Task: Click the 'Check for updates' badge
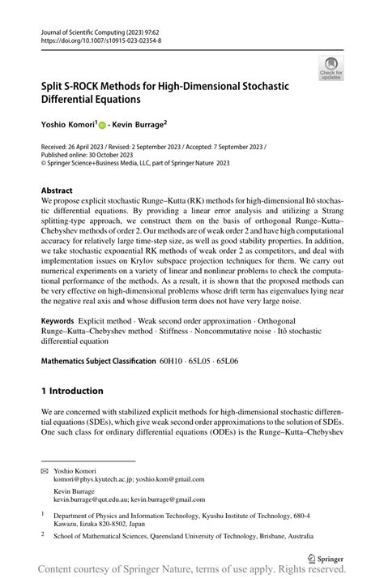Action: pos(331,68)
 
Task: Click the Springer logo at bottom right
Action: pos(330,558)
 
